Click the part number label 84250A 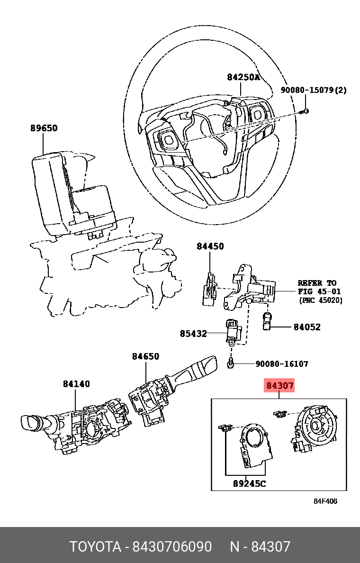243,77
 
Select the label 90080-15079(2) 313,90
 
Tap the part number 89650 44,128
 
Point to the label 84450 210,246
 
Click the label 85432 193,334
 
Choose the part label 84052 307,327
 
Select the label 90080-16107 282,364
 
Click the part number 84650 145,356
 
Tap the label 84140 76,384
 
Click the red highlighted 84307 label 279,386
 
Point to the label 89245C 249,484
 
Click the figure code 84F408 325,501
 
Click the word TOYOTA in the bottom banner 95,547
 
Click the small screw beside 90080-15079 305,111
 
